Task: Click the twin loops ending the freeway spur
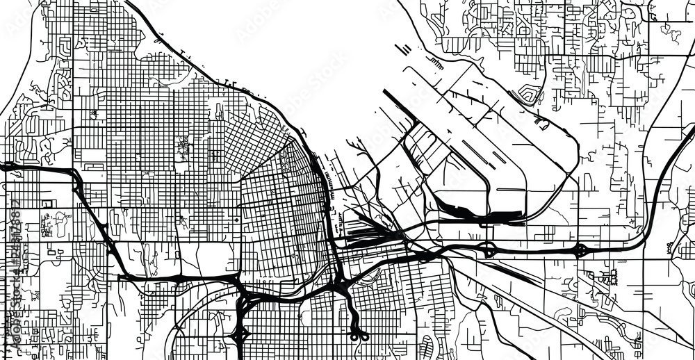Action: pos(359,336)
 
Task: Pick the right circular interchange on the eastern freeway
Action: pos(582,249)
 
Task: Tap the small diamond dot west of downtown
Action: pos(236,220)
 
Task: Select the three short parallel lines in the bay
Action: pos(403,50)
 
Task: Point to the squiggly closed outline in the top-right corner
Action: pos(671,31)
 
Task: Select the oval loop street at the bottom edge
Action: pos(427,343)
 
